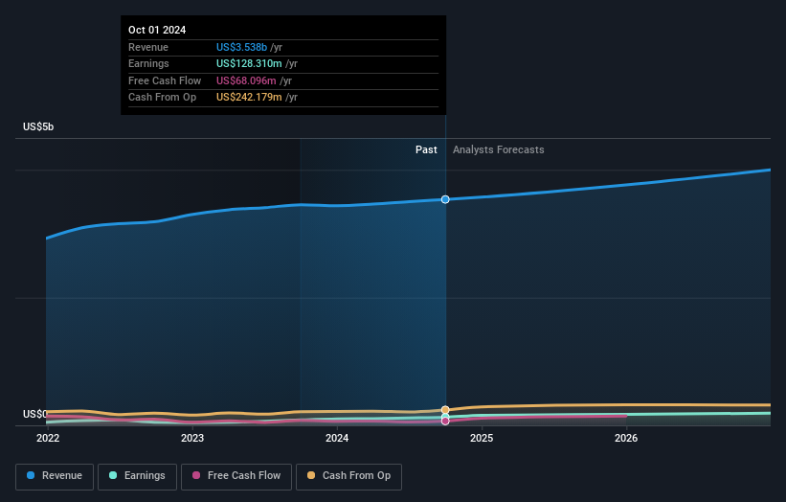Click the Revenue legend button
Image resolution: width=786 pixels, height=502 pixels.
(56, 476)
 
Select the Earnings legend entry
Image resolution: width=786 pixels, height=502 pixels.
(137, 476)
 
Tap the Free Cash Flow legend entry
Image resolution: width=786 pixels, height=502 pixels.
(236, 476)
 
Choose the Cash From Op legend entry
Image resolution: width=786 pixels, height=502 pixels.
(349, 476)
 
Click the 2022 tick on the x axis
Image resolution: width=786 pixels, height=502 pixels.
(48, 438)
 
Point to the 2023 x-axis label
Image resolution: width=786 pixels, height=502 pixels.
(192, 438)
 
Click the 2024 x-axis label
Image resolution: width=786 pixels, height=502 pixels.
(337, 438)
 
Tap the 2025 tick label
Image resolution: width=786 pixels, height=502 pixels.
(482, 438)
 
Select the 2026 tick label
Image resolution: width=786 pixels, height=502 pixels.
(626, 438)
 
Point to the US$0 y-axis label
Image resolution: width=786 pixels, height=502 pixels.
(35, 414)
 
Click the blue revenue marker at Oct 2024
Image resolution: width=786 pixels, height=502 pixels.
(445, 199)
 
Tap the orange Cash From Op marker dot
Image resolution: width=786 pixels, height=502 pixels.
(445, 410)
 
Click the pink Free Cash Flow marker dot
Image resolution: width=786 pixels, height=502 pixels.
(445, 421)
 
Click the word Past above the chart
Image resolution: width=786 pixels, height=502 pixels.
(426, 149)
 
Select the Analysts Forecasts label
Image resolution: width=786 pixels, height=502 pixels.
(498, 149)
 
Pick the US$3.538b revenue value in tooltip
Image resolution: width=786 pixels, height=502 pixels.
(242, 48)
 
